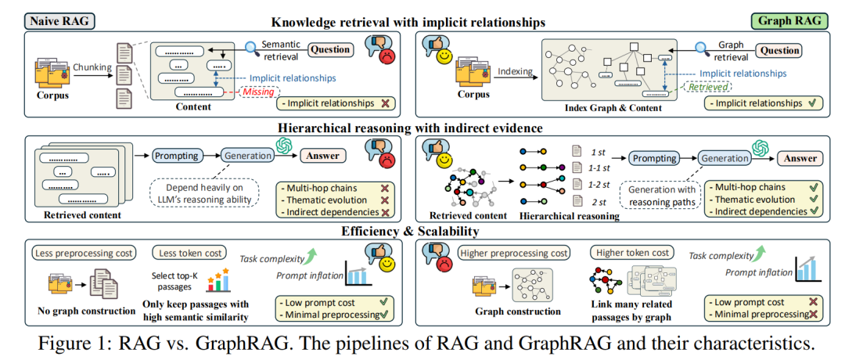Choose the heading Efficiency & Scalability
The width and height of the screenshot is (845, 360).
pos(422,231)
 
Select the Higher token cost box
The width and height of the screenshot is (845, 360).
pos(633,253)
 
